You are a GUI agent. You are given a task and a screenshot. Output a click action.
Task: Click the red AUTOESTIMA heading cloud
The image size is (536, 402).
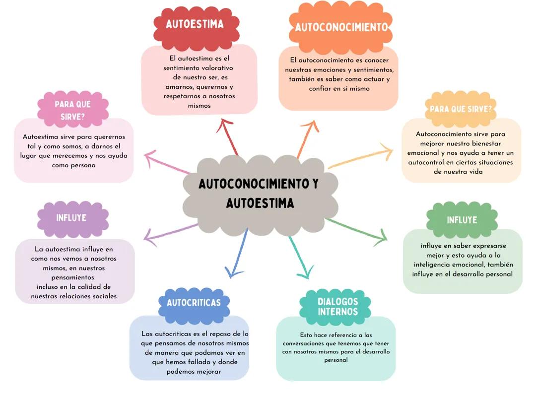click(195, 25)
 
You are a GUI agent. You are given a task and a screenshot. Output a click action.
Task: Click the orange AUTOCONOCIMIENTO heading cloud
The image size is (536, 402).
click(341, 27)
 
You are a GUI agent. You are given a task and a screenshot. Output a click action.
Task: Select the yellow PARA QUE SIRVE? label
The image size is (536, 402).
click(461, 109)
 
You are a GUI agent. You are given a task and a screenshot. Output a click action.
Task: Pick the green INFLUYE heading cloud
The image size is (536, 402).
click(462, 220)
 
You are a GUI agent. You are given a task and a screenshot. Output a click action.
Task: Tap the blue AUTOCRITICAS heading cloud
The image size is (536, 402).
click(194, 302)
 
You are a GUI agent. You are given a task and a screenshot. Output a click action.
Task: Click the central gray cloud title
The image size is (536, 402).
click(259, 193)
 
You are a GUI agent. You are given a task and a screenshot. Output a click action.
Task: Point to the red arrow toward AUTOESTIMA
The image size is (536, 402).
click(229, 137)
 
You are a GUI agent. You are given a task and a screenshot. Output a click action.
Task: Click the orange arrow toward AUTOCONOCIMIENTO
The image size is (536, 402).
click(307, 139)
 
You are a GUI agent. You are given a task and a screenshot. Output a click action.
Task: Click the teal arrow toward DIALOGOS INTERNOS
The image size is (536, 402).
click(301, 258)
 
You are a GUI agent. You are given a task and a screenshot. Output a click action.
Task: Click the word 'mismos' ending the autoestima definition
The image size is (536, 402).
click(199, 106)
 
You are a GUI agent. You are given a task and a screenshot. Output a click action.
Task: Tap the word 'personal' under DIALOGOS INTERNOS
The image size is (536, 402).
click(335, 360)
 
